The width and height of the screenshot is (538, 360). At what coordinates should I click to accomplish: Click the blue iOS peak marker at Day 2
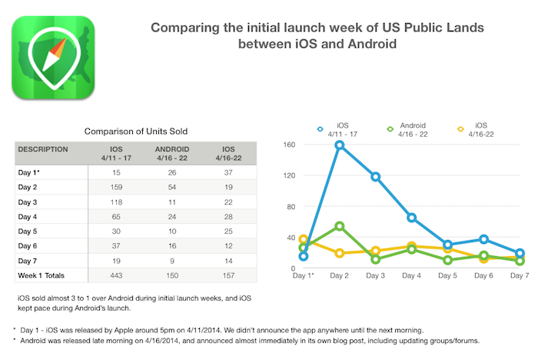click(339, 145)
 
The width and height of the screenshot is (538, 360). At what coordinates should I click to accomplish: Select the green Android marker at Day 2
click(339, 226)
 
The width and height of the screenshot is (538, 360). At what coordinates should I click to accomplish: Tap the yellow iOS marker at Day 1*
click(304, 240)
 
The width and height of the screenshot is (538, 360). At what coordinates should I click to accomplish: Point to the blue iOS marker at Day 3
click(377, 177)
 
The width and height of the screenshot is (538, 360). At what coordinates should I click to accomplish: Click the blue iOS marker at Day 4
click(412, 218)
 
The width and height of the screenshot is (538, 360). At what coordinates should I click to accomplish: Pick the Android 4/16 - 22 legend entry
click(412, 129)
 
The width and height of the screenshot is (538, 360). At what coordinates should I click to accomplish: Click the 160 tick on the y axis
click(290, 145)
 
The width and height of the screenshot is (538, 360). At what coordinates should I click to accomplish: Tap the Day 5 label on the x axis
click(448, 275)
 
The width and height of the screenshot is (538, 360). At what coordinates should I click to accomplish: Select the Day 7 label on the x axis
click(520, 275)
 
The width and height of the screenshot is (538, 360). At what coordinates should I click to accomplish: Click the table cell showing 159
click(116, 187)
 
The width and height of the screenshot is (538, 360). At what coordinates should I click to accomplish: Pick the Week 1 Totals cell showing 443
click(116, 275)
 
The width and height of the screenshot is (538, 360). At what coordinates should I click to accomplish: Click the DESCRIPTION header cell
click(44, 148)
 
